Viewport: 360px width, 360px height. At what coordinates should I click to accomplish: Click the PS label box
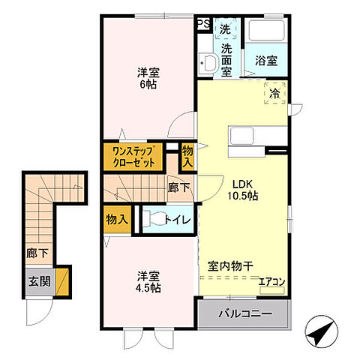point(203,23)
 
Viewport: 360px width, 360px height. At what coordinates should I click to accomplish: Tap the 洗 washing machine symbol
point(226,30)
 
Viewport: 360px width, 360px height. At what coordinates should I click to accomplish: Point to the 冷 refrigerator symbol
point(274,94)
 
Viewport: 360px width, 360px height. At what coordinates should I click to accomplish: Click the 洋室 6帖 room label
point(148,79)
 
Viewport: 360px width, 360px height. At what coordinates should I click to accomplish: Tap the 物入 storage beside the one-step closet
point(187,156)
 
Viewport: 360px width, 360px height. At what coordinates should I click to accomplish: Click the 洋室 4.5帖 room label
point(148,280)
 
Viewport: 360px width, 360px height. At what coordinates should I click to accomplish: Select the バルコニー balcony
point(245,313)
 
